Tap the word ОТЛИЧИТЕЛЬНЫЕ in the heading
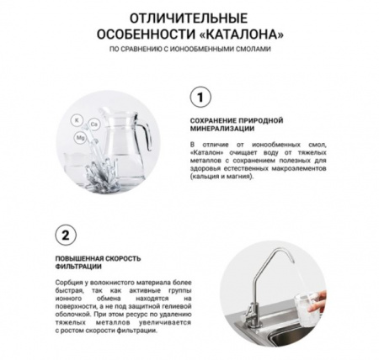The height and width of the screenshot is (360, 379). click(189, 18)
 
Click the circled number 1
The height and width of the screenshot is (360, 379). click(200, 98)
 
